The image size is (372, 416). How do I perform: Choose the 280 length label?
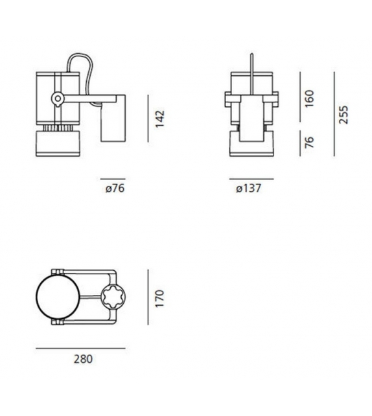coord(82,359)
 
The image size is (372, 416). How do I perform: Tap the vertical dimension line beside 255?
coord(334,114)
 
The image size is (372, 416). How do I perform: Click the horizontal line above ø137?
coord(251,179)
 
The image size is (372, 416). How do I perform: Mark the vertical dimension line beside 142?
coord(149,121)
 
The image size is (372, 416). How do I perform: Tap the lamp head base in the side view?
coord(57,143)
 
